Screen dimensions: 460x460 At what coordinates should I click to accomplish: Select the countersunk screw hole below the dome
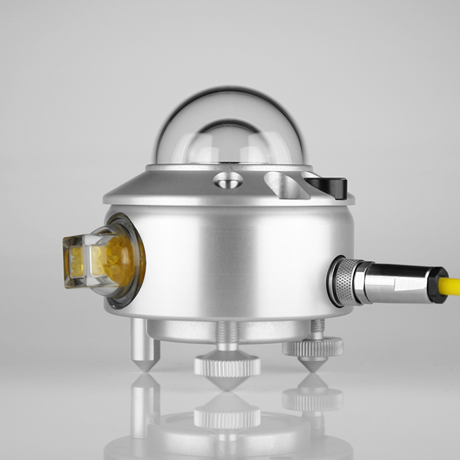[x=228, y=180]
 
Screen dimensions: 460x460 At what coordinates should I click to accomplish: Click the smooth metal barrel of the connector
[x=396, y=283]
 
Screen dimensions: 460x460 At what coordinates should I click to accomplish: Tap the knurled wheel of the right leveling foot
[x=313, y=348]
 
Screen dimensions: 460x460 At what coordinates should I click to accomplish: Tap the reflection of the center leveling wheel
[x=227, y=417]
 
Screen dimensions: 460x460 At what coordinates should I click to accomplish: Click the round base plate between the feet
[x=184, y=331]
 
